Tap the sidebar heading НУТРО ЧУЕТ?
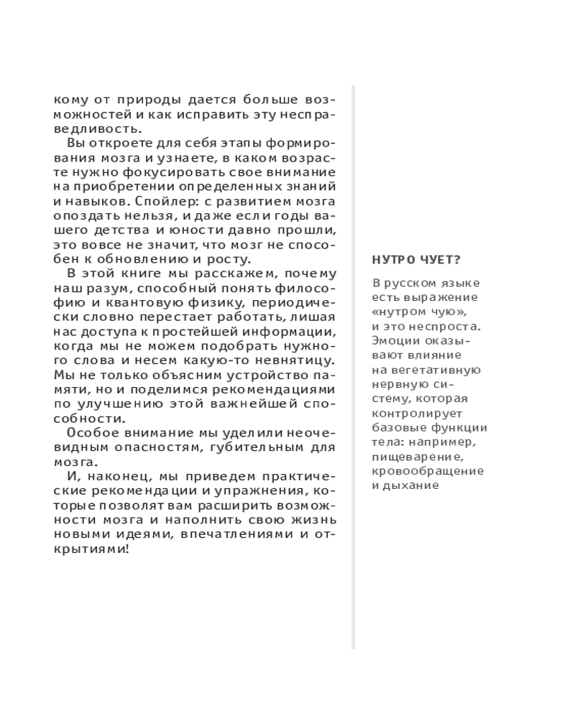408,260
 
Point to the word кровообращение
428,470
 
